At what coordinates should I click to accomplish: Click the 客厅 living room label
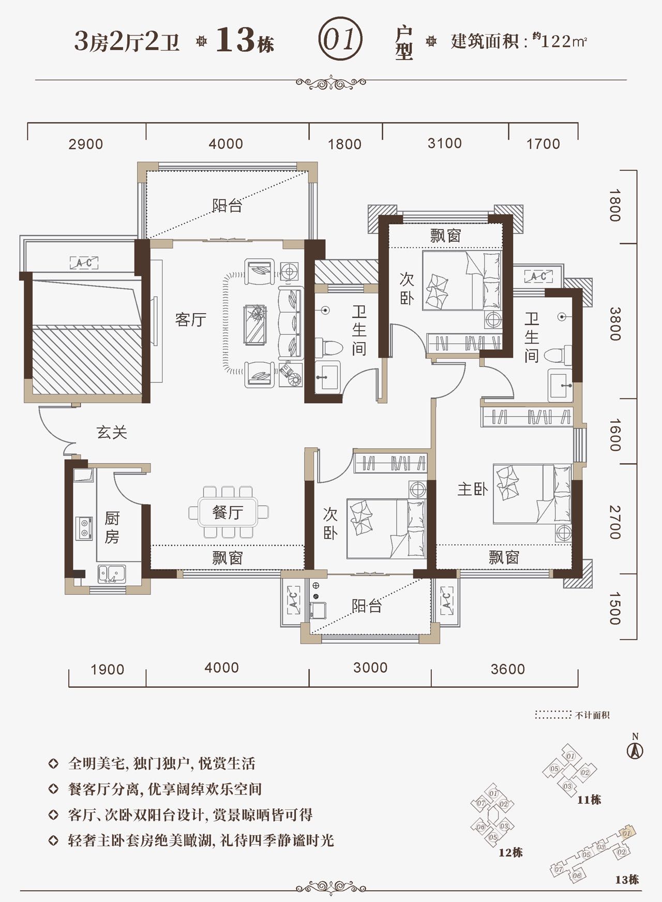(191, 319)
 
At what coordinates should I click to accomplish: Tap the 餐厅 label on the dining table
(228, 512)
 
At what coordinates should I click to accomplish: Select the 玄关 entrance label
(112, 432)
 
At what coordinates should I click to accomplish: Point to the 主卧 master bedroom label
(473, 489)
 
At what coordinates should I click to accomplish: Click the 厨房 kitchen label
(112, 527)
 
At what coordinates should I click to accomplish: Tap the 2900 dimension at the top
(86, 144)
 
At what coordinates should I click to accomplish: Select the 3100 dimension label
(445, 143)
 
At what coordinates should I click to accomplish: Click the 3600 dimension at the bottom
(508, 669)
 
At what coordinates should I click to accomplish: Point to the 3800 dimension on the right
(614, 323)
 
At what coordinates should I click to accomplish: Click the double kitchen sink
(112, 574)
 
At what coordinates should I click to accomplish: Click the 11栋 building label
(589, 800)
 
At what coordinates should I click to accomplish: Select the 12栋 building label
(510, 852)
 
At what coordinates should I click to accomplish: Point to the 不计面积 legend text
(593, 715)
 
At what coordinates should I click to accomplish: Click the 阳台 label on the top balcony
(228, 205)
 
